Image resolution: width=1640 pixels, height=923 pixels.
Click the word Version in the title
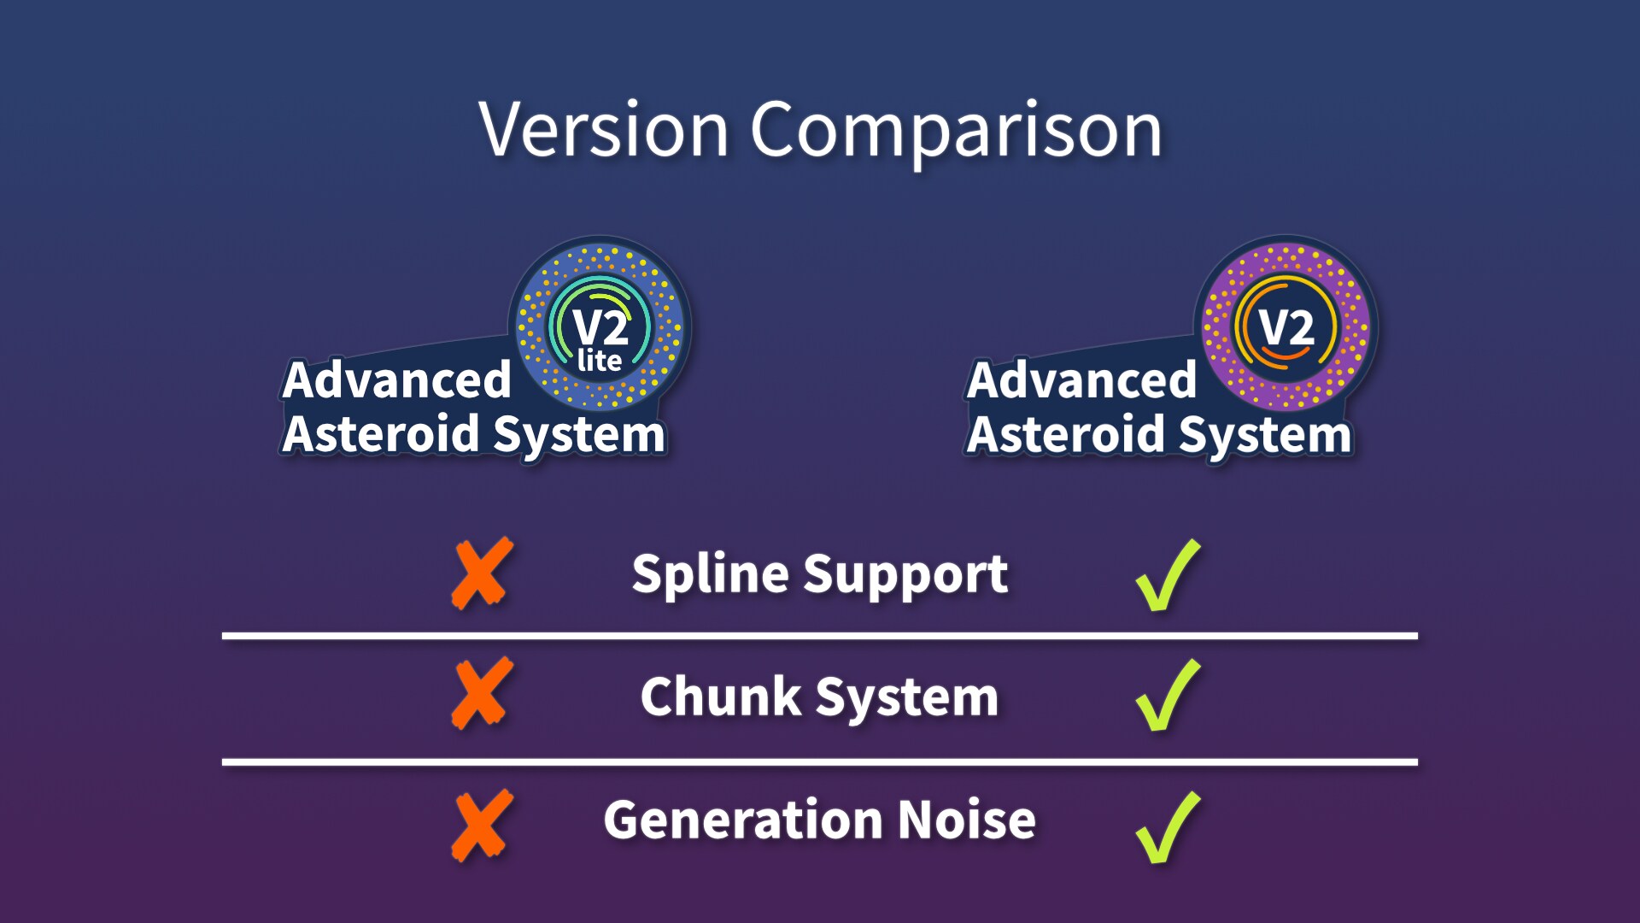click(x=603, y=130)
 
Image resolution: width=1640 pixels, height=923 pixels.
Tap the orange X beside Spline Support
click(x=483, y=573)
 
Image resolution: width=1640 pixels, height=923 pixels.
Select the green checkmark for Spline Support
click(x=1167, y=576)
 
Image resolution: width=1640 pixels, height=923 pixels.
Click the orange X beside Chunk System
click(x=483, y=693)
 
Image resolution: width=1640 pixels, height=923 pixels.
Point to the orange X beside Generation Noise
click(x=483, y=826)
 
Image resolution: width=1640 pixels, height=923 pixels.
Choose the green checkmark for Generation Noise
click(x=1167, y=828)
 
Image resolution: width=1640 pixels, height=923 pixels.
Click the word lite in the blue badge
click(x=600, y=361)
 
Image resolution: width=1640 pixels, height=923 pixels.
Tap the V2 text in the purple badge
click(x=1286, y=327)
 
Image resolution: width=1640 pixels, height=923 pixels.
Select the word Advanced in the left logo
click(x=396, y=379)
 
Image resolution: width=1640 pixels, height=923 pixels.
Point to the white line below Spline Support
click(x=820, y=636)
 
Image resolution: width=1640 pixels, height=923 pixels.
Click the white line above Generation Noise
click(x=820, y=761)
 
